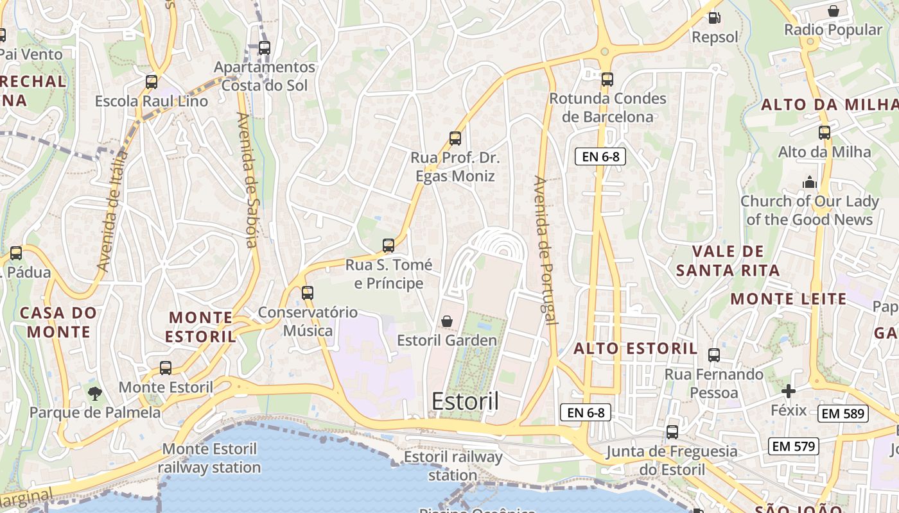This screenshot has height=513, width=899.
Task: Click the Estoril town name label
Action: [x=465, y=401]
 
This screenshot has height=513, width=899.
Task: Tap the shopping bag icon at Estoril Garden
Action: [x=447, y=321]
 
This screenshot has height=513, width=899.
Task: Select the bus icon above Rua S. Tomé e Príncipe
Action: [x=388, y=245]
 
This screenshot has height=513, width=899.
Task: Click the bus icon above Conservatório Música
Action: [x=308, y=293]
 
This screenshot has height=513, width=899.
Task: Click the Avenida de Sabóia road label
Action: [x=248, y=180]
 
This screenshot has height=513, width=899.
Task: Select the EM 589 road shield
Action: [x=844, y=414]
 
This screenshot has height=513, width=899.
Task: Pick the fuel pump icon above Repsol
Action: [x=714, y=18]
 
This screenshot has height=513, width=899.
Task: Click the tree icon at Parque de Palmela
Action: [x=95, y=392]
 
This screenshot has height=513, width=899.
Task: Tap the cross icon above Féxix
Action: [x=789, y=391]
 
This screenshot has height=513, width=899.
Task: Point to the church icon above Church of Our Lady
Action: [x=809, y=182]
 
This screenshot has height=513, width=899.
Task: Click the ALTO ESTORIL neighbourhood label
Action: [x=635, y=349]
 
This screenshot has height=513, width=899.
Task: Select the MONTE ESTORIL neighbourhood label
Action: [x=200, y=326]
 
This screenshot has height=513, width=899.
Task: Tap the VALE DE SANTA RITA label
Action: [x=728, y=260]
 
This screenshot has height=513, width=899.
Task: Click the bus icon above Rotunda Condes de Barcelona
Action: [x=607, y=80]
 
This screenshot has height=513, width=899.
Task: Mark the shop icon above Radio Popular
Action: [x=834, y=11]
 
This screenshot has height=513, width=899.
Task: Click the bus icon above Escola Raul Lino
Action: [x=152, y=82]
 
